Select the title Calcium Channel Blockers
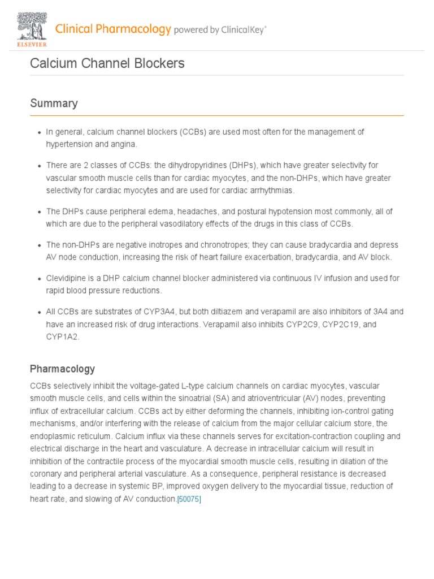(107, 63)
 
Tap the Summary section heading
(54, 103)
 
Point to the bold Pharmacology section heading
(62, 369)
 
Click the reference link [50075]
(189, 499)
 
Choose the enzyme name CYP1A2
(63, 337)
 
